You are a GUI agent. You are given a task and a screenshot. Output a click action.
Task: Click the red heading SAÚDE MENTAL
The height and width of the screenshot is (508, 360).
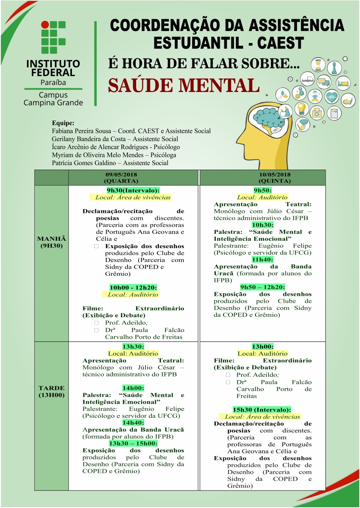183,85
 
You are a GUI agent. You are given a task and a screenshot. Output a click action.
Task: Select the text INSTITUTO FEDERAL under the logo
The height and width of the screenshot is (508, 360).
53,68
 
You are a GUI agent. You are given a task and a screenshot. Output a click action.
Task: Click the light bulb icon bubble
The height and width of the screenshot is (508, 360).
302,109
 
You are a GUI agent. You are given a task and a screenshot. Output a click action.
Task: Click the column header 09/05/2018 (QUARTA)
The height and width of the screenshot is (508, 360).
133,178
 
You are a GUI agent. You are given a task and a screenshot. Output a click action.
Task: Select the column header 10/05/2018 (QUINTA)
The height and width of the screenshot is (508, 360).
263,178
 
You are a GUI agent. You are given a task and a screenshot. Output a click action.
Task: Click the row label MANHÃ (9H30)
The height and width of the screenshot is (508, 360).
51,242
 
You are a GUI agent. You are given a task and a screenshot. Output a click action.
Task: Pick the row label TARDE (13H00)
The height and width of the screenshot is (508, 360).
51,392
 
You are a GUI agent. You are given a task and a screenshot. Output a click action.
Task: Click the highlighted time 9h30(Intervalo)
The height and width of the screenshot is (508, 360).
133,190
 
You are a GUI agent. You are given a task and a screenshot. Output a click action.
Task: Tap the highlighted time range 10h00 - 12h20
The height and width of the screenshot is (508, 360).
133,287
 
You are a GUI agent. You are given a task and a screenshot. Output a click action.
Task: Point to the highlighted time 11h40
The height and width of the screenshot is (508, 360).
263,260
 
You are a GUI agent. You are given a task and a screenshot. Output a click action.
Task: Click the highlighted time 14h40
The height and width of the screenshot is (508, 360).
133,422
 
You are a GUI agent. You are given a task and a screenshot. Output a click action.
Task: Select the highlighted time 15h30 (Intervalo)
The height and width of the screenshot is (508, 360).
262,410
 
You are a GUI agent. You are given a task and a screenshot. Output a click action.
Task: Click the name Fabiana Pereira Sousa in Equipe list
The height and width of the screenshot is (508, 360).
83,131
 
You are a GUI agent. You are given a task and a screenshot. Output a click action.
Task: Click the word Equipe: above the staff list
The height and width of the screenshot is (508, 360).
63,123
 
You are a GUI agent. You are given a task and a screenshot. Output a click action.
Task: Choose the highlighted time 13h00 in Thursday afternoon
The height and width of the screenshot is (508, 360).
263,346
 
